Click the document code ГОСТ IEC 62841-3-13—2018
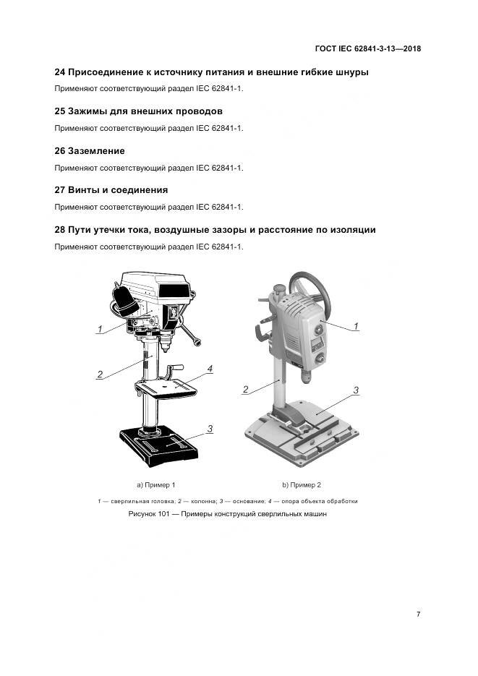tap(368, 49)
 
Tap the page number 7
tap(418, 614)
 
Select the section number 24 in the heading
tap(60, 72)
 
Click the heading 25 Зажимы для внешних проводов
tap(139, 111)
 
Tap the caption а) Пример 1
tap(156, 484)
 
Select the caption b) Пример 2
tap(301, 484)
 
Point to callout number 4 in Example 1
tap(209, 369)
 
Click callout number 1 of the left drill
tap(100, 328)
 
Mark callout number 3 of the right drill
tap(356, 390)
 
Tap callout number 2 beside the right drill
tap(246, 390)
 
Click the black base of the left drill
tap(159, 445)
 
